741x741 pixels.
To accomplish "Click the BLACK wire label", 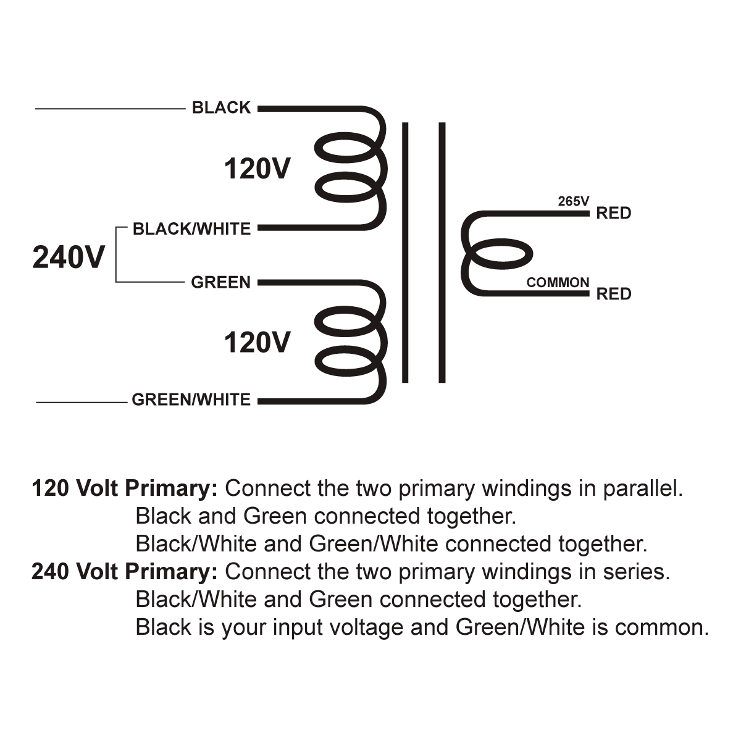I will (x=221, y=107).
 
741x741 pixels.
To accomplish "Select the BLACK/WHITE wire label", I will (x=192, y=229).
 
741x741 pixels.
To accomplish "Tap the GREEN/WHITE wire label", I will (x=191, y=400).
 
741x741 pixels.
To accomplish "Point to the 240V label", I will (x=69, y=257).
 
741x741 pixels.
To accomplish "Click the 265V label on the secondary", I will (x=574, y=201).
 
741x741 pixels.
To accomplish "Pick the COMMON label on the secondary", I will (x=558, y=282).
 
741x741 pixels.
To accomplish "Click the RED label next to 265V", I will (x=613, y=214).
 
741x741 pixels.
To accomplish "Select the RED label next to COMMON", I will (x=613, y=294).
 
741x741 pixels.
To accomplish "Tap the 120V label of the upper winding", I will (x=257, y=169).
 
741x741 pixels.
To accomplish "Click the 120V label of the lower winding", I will (x=257, y=342).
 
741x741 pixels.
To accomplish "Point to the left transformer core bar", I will (x=405, y=253).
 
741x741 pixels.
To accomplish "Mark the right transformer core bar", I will (x=442, y=253).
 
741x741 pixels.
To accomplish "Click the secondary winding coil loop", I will (x=500, y=254).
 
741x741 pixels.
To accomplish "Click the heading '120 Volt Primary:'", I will (x=125, y=488).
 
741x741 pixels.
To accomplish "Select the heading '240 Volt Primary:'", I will (x=125, y=572).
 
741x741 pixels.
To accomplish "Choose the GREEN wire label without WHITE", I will (x=220, y=282).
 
